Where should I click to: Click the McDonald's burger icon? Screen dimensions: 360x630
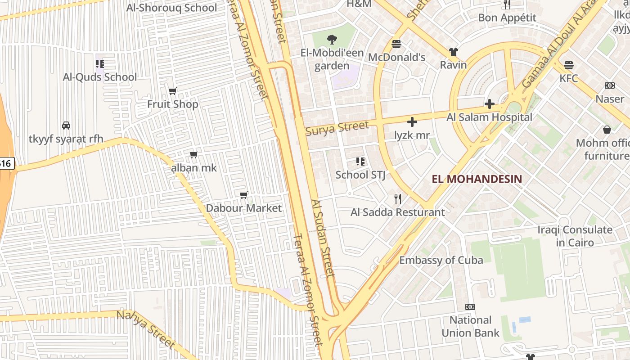[396, 44]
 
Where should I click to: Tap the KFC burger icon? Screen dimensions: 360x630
[569, 65]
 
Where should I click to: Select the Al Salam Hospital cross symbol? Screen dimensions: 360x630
[490, 104]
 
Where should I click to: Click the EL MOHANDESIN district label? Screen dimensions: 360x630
[477, 179]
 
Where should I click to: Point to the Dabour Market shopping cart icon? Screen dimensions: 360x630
[244, 195]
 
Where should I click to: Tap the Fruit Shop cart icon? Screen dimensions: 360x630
[172, 91]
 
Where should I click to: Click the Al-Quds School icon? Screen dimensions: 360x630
[100, 64]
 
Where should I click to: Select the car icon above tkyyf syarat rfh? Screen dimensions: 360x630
[66, 126]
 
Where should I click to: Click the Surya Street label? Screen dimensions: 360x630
[337, 128]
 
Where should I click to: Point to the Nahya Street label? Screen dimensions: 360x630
[145, 329]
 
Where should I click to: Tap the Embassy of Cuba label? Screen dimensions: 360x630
[441, 260]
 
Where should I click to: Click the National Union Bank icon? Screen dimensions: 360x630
[470, 307]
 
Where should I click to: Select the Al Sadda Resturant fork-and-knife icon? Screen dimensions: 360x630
[397, 198]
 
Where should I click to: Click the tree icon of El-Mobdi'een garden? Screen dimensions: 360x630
[332, 40]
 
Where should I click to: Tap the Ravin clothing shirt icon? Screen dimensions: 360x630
[453, 52]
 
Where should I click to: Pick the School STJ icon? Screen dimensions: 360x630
[360, 161]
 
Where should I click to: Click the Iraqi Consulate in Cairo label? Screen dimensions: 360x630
[575, 236]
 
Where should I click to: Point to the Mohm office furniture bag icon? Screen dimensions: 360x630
[607, 130]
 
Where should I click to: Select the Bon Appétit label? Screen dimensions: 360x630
[507, 18]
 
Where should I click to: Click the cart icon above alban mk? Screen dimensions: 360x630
[194, 155]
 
